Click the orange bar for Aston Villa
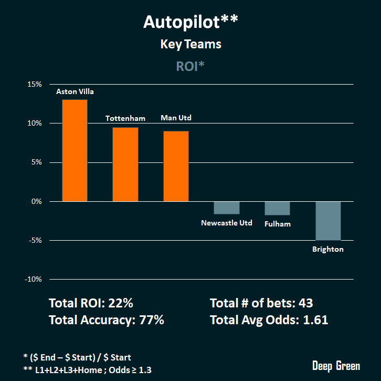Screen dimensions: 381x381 pyautogui.click(x=75, y=150)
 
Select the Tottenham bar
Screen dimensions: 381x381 pyautogui.click(x=125, y=164)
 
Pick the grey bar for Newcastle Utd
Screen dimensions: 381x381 pyautogui.click(x=227, y=208)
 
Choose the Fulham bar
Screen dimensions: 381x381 pyautogui.click(x=277, y=208)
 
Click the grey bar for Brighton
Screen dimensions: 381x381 pyautogui.click(x=328, y=221)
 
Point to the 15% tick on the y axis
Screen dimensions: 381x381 pyautogui.click(x=35, y=84)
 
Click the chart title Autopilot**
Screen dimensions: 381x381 pyautogui.click(x=190, y=22)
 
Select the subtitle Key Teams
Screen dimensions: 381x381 pyautogui.click(x=190, y=44)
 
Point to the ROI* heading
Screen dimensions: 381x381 pyautogui.click(x=190, y=67)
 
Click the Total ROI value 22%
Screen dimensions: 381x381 pyautogui.click(x=122, y=303)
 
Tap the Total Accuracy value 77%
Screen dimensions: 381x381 pyautogui.click(x=151, y=320)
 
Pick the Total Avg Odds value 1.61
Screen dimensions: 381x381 pyautogui.click(x=315, y=320)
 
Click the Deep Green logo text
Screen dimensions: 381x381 pyautogui.click(x=336, y=366)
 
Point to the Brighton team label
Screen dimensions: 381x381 pyautogui.click(x=327, y=249)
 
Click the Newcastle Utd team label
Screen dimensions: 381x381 pyautogui.click(x=227, y=223)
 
